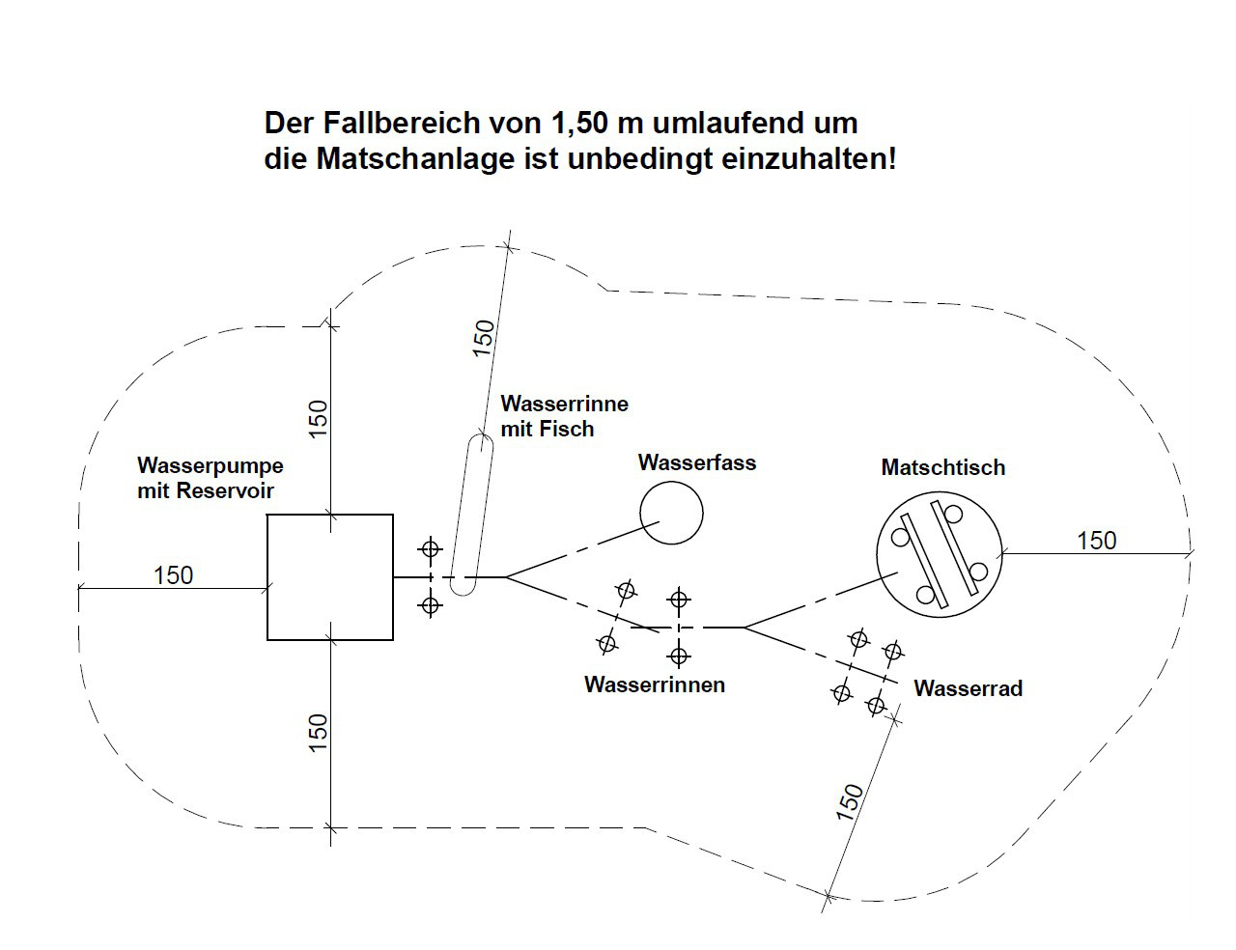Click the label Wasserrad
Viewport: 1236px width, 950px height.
[969, 688]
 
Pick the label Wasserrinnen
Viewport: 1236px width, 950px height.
[655, 685]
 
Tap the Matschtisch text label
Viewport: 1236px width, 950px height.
[943, 467]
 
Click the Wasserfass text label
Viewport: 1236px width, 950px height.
[697, 462]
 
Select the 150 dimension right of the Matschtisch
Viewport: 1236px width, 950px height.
[1097, 540]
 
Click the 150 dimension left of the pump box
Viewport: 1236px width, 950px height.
[174, 575]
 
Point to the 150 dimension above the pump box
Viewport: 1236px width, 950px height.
[319, 419]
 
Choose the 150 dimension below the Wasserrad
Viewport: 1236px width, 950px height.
[850, 802]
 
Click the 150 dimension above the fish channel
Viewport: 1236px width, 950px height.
[484, 338]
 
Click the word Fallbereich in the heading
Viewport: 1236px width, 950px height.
[402, 123]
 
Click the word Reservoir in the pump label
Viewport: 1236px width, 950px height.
[226, 490]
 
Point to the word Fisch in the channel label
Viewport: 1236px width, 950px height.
[566, 429]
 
